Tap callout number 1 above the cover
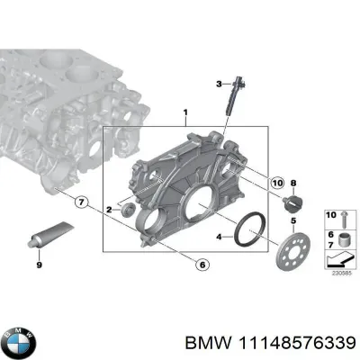point(184,114)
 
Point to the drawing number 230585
point(340,274)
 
